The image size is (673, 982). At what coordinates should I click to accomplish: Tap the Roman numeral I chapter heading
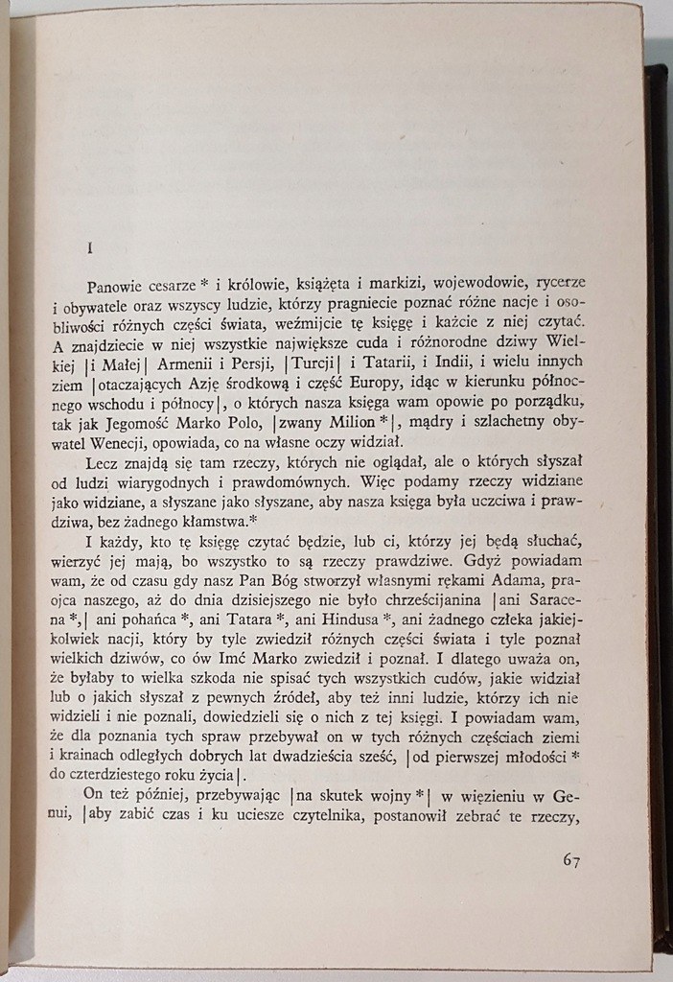[x=89, y=246]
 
